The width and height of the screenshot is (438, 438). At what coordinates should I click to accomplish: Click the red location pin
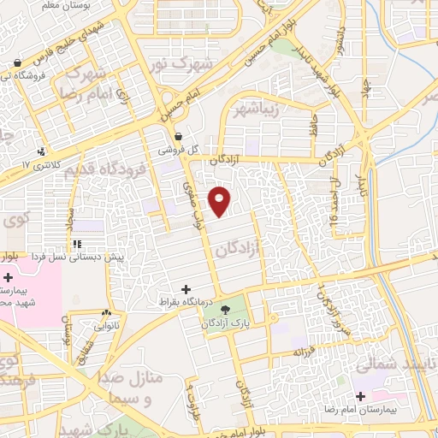tap(221, 200)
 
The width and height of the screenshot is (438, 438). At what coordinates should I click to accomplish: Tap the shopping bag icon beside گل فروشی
tap(178, 136)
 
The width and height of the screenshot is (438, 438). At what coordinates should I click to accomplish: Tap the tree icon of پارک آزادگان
tap(224, 309)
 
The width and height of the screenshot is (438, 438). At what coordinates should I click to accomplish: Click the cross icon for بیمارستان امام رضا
tap(361, 396)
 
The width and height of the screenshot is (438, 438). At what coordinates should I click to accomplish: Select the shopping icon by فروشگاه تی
tap(17, 62)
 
